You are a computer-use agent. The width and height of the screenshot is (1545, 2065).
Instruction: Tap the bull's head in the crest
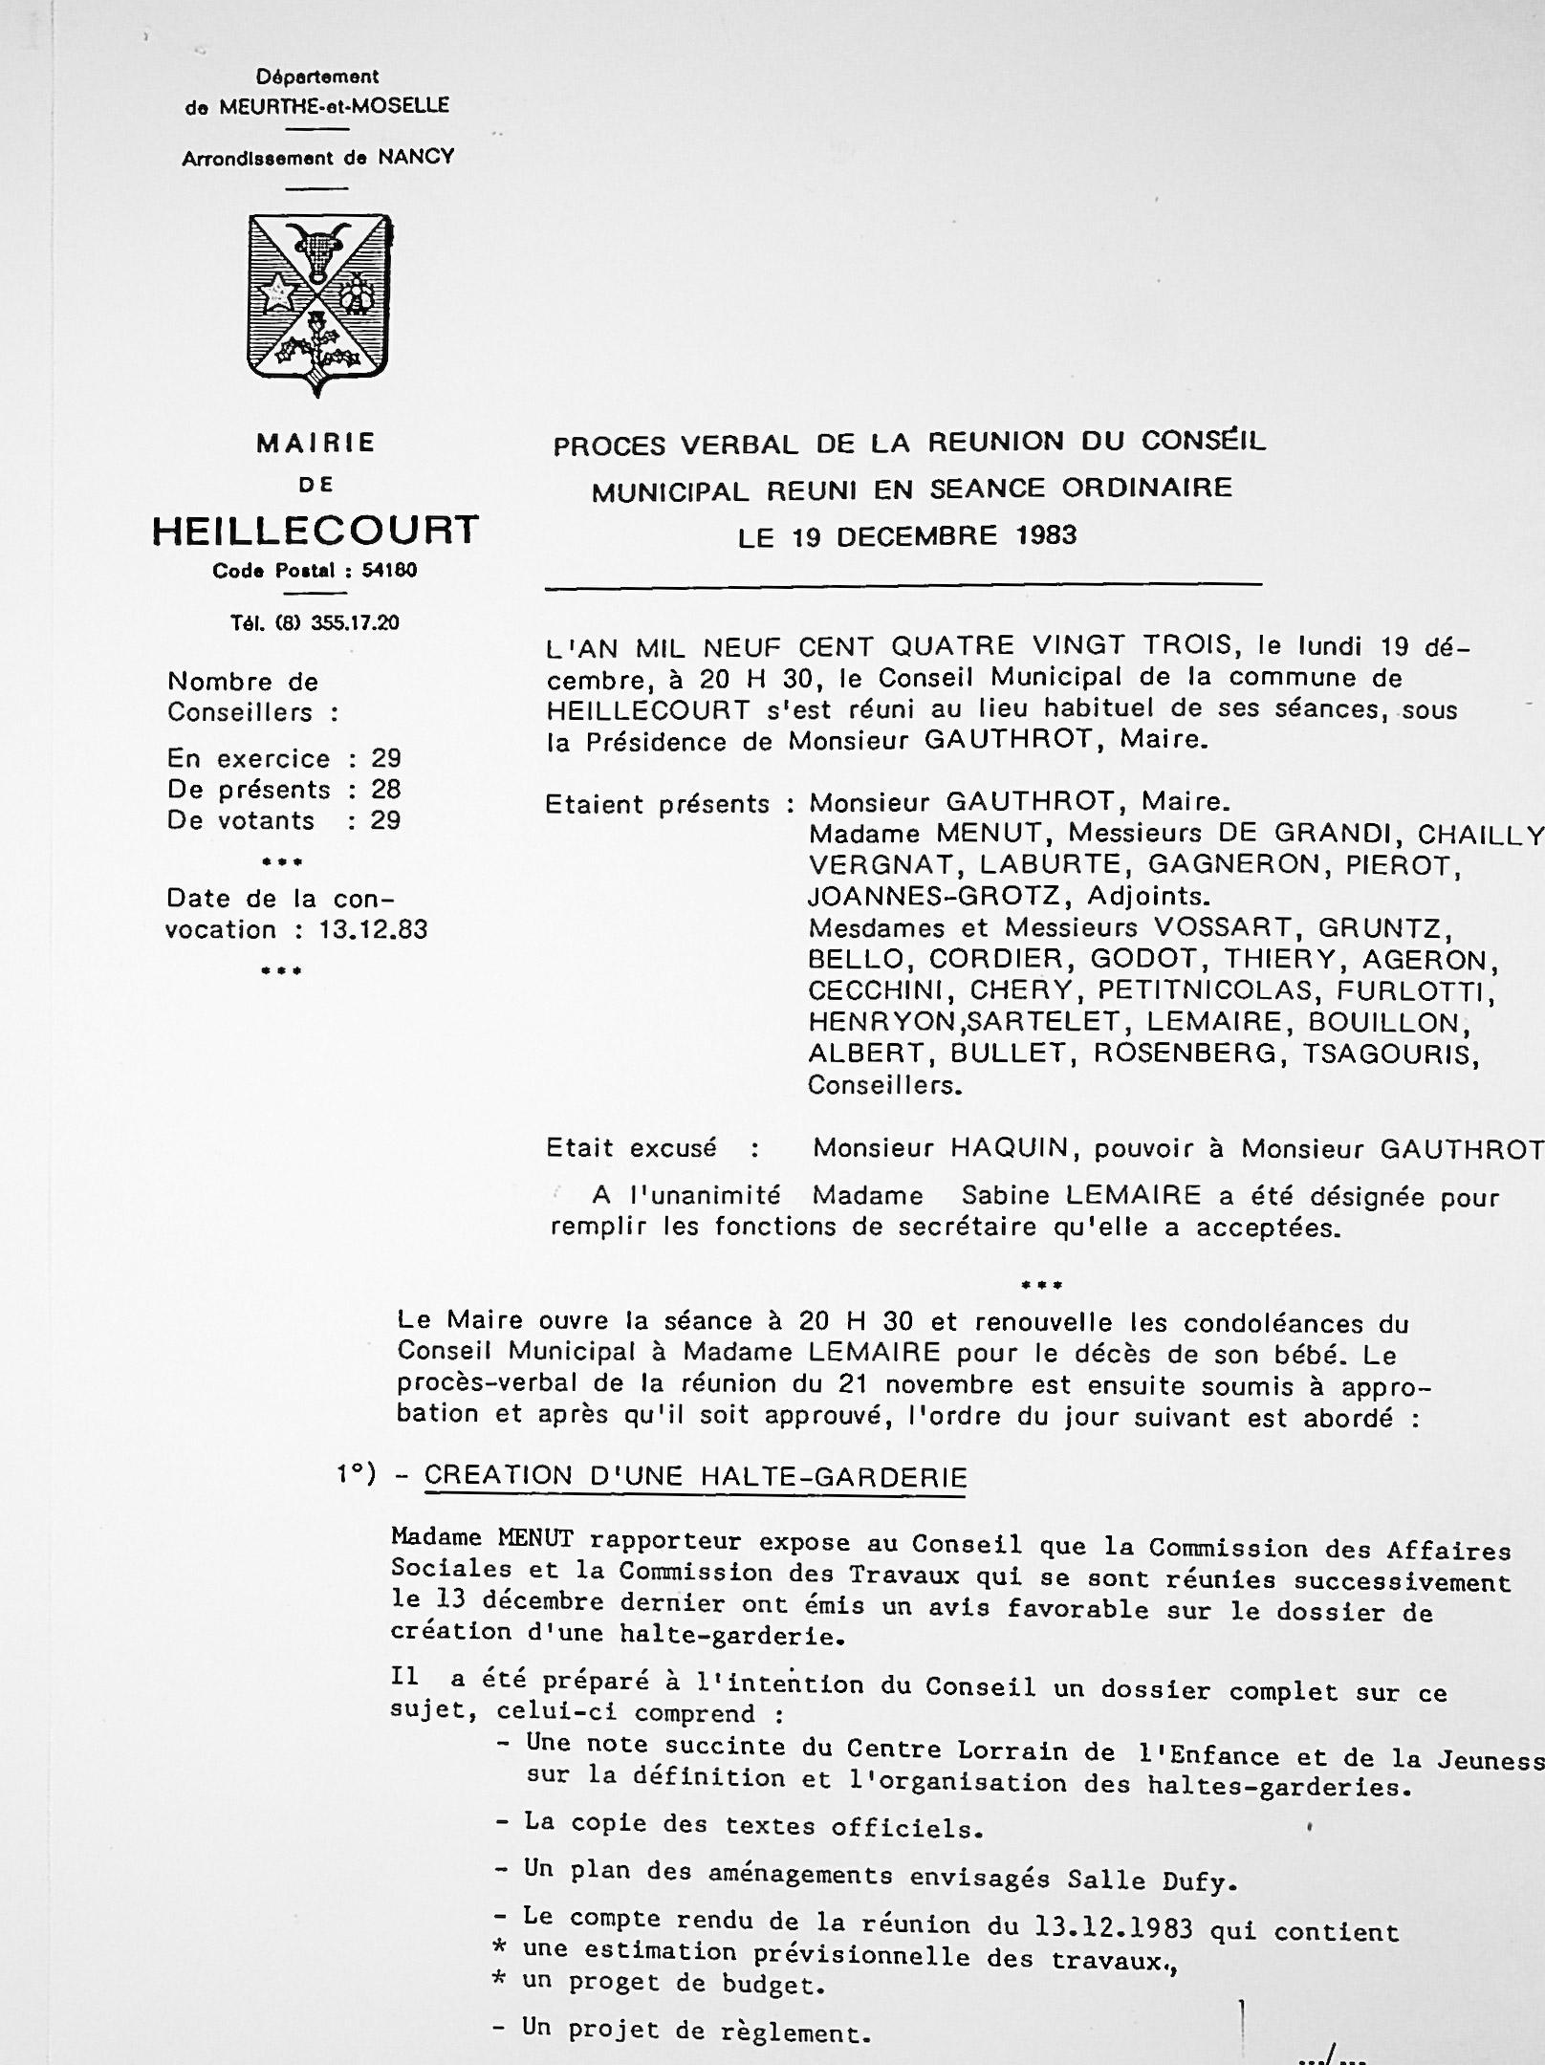[x=318, y=247]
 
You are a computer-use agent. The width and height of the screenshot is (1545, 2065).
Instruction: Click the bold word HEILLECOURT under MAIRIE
[x=316, y=531]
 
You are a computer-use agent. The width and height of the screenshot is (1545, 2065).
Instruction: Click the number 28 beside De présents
[x=386, y=790]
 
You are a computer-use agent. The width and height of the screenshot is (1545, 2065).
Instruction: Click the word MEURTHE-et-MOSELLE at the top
[x=334, y=106]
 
